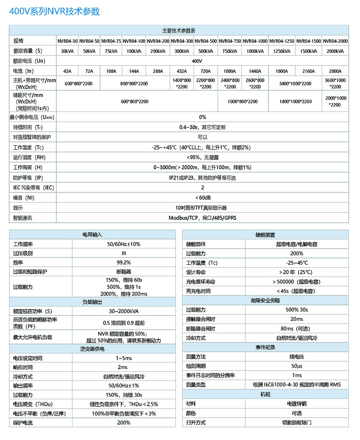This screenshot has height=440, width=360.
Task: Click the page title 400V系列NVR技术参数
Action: point(54,12)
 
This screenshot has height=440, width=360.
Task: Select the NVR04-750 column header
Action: point(230,41)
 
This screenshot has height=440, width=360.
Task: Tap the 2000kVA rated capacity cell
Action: point(335,51)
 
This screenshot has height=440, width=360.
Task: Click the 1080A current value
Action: point(230,71)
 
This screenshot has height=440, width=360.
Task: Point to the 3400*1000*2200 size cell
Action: point(295,84)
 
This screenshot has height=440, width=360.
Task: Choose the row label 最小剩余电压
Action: point(32,117)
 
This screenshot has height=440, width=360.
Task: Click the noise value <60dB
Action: point(203,198)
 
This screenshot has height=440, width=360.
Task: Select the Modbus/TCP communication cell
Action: point(203,218)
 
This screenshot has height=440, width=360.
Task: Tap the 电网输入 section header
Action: point(92,235)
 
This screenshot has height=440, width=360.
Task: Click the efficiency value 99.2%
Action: point(123,263)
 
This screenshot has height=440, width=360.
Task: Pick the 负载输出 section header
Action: point(92,302)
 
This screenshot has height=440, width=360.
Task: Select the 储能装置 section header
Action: point(265,235)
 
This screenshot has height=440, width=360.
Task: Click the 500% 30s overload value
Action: point(297,310)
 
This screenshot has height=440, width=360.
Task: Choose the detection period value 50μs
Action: point(297,366)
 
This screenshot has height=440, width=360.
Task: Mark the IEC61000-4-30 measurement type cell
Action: point(297,385)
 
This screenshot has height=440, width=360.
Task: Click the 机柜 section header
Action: point(265,394)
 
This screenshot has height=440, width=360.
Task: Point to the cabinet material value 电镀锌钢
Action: point(297,404)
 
